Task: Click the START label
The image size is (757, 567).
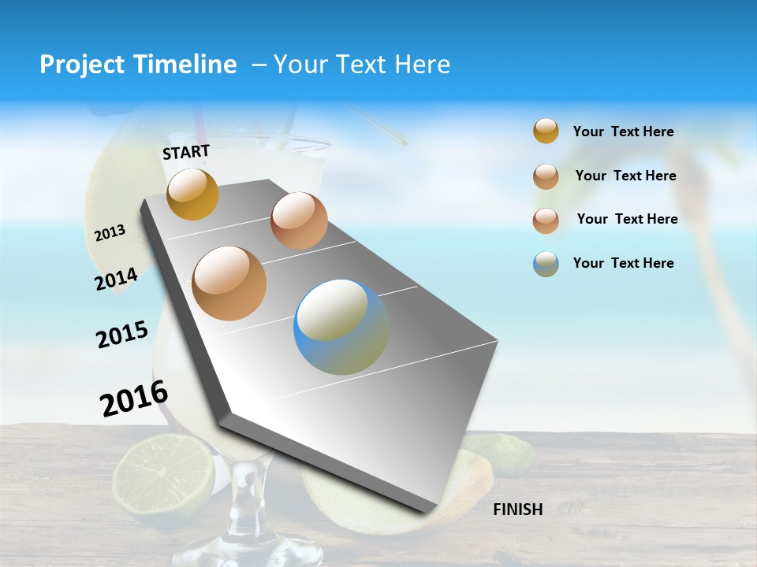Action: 186,152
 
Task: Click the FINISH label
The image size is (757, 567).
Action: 517,510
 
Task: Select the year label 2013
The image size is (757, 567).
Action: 110,233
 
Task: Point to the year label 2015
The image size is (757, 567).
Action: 122,335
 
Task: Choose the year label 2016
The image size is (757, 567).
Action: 134,398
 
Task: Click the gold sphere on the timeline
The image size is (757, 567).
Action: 192,194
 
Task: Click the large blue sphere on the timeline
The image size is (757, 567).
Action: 341,327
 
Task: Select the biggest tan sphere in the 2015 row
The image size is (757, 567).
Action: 229,283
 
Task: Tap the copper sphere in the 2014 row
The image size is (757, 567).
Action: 299,220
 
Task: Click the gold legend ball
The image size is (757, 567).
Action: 546,132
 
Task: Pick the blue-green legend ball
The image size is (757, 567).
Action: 546,264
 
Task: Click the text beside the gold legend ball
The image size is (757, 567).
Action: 623,132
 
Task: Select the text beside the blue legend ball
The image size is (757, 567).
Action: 623,263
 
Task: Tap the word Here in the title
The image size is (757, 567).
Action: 422,65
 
